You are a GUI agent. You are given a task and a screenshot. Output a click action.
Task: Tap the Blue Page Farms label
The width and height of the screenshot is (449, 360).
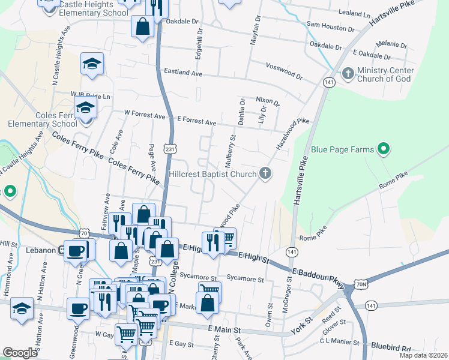pos(342,149)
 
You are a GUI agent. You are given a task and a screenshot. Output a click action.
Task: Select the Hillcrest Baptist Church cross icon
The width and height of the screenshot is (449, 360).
pos(265,174)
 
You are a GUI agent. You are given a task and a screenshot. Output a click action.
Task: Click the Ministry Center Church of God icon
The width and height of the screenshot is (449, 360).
pos(348,74)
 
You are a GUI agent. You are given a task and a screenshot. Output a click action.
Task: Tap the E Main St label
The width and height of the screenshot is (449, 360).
pos(224,330)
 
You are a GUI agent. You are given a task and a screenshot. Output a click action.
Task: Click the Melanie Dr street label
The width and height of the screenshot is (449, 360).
pos(391,45)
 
